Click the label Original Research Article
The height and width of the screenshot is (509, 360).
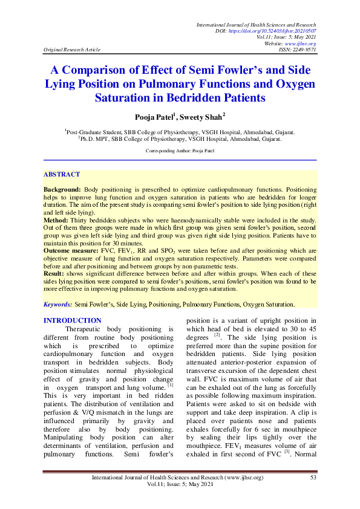[x=71, y=50]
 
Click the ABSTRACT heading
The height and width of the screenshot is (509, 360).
[x=61, y=174]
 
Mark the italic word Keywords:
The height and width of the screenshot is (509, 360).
[x=58, y=305]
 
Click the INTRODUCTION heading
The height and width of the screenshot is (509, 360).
[x=73, y=320]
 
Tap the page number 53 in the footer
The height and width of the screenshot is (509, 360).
[x=313, y=478]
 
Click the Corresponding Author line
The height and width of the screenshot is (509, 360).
[x=180, y=149]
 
